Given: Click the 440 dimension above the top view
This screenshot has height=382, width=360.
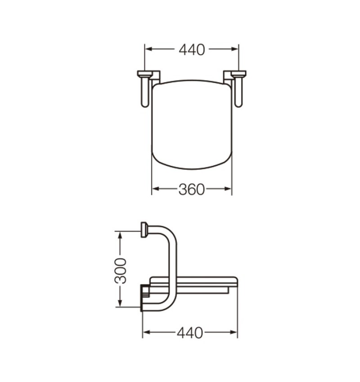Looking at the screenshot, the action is [x=192, y=50].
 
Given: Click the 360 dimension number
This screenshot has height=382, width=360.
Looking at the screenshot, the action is [x=192, y=189].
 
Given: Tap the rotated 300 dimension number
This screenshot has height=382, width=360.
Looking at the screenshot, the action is [x=121, y=270].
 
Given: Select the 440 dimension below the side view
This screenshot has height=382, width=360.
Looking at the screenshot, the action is [x=190, y=333].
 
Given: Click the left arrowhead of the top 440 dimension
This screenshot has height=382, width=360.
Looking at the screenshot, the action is [x=148, y=49].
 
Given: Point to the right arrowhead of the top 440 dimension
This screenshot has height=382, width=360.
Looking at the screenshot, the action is [x=234, y=49].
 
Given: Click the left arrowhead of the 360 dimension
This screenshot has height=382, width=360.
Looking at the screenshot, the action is [x=156, y=189].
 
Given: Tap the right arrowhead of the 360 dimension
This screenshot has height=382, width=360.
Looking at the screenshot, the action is [x=228, y=189].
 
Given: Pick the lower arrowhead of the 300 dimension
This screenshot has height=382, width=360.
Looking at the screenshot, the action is [x=120, y=303].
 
